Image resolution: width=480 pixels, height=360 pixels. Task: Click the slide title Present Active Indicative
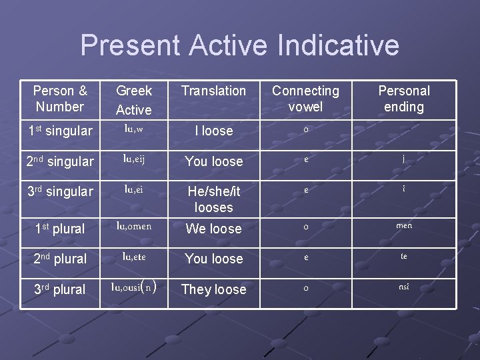239,45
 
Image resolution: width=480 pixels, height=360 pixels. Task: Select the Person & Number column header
60,99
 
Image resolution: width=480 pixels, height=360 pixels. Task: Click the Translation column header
213,91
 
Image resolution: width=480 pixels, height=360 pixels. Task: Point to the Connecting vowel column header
305,99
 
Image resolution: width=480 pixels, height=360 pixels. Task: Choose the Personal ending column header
404,99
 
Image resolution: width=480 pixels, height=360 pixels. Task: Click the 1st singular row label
60,131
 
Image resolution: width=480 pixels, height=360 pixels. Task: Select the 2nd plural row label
60,259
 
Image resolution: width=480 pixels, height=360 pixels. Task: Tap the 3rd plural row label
60,289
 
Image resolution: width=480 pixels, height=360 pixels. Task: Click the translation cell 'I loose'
213,131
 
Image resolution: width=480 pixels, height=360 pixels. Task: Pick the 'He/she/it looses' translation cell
213,199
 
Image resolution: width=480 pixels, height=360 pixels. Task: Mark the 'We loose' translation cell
213,229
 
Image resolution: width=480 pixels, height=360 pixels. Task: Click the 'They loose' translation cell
213,289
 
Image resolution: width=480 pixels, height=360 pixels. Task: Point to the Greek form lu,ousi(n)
134,287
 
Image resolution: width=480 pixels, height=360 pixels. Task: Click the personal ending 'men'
404,225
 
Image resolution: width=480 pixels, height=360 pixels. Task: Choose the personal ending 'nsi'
404,287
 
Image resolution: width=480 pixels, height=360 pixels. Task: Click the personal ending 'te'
404,256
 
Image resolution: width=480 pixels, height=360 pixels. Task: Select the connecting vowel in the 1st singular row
305,129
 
